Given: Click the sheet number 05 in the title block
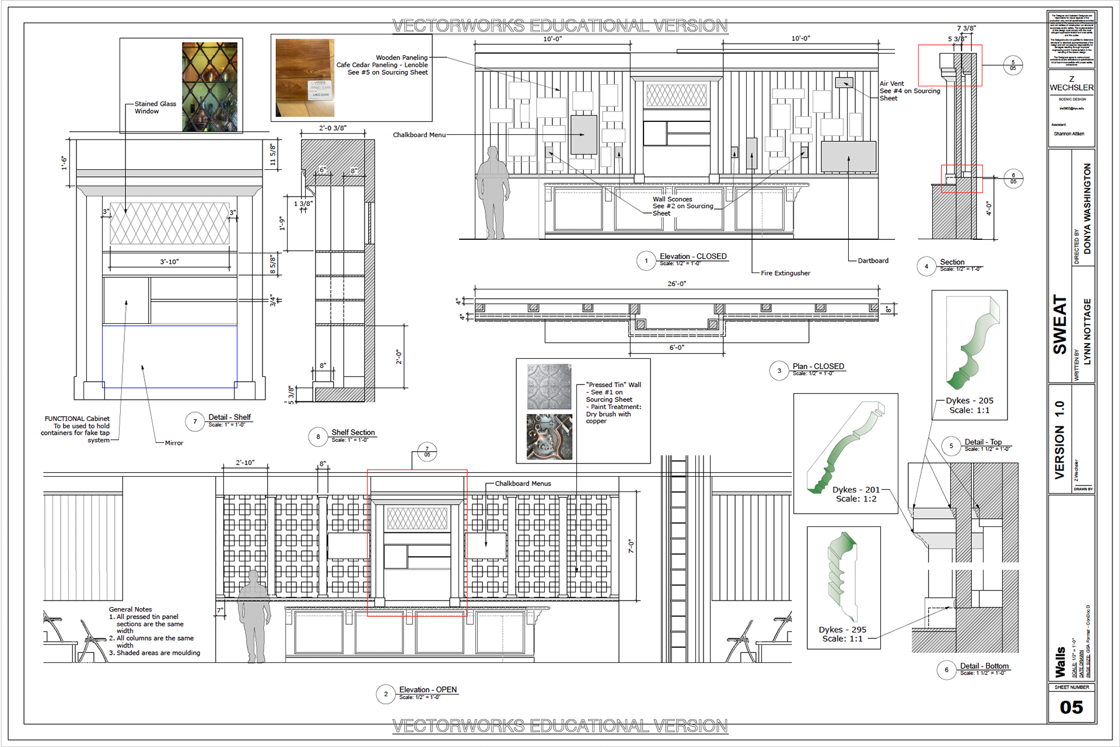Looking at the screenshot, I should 1071,707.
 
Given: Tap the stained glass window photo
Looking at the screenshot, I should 209,86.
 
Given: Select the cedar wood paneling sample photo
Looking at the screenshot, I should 304,78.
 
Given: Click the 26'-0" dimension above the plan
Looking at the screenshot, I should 677,284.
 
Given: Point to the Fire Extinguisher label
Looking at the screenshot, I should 785,273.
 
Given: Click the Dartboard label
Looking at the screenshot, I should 873,261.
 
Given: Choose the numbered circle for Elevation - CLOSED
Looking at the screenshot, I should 646,261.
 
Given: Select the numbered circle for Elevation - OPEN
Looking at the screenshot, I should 386,694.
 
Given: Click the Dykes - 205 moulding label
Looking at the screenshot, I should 969,401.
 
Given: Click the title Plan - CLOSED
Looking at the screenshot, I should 818,366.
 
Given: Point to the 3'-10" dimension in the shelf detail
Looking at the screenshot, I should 169,262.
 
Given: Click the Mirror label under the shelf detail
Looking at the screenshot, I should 174,443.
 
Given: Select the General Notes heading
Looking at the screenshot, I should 130,609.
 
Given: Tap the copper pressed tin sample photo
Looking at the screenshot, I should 549,437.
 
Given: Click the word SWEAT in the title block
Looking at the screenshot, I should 1059,324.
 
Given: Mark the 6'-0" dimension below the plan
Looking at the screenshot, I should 677,348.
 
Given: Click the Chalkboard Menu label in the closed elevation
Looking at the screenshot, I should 419,135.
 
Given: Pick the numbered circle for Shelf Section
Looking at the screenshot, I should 318,437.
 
